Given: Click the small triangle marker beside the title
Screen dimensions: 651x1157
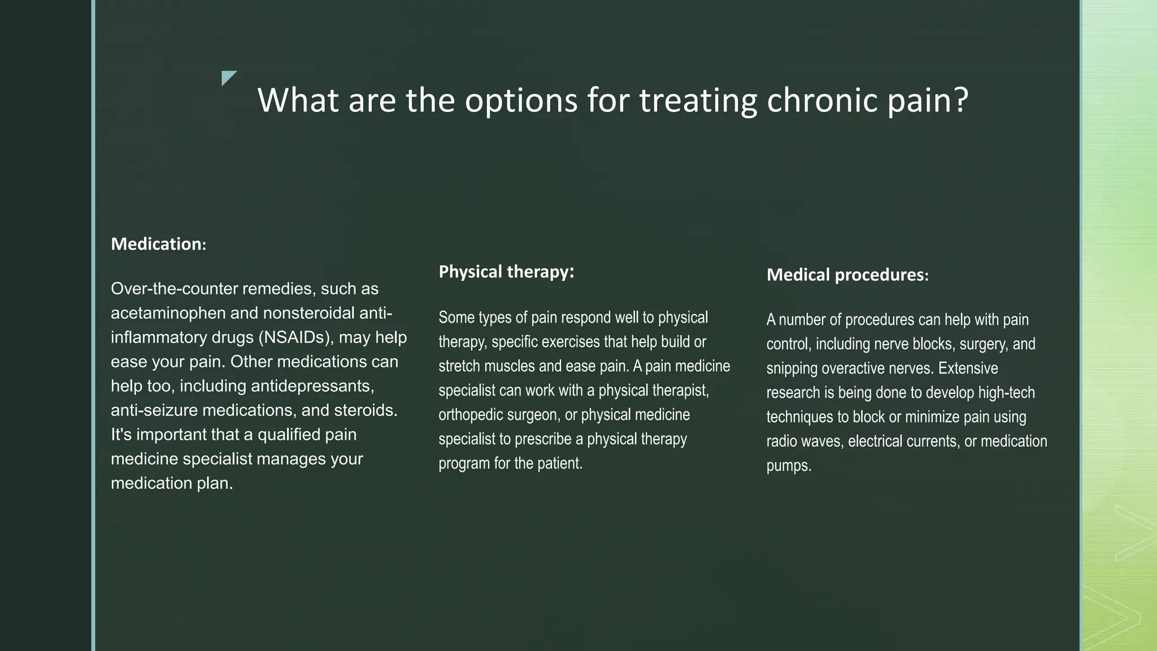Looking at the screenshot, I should [x=228, y=77].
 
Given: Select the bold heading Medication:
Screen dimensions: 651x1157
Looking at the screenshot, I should [x=159, y=244].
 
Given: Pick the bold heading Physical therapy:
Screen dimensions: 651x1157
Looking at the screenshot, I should [x=506, y=272].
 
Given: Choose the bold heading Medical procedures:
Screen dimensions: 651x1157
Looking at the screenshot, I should [x=847, y=275].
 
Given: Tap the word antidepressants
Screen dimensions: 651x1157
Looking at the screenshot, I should [x=312, y=386].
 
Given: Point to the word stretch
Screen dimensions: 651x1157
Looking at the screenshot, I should [x=457, y=366].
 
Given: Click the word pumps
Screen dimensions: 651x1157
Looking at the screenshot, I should [x=789, y=466].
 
